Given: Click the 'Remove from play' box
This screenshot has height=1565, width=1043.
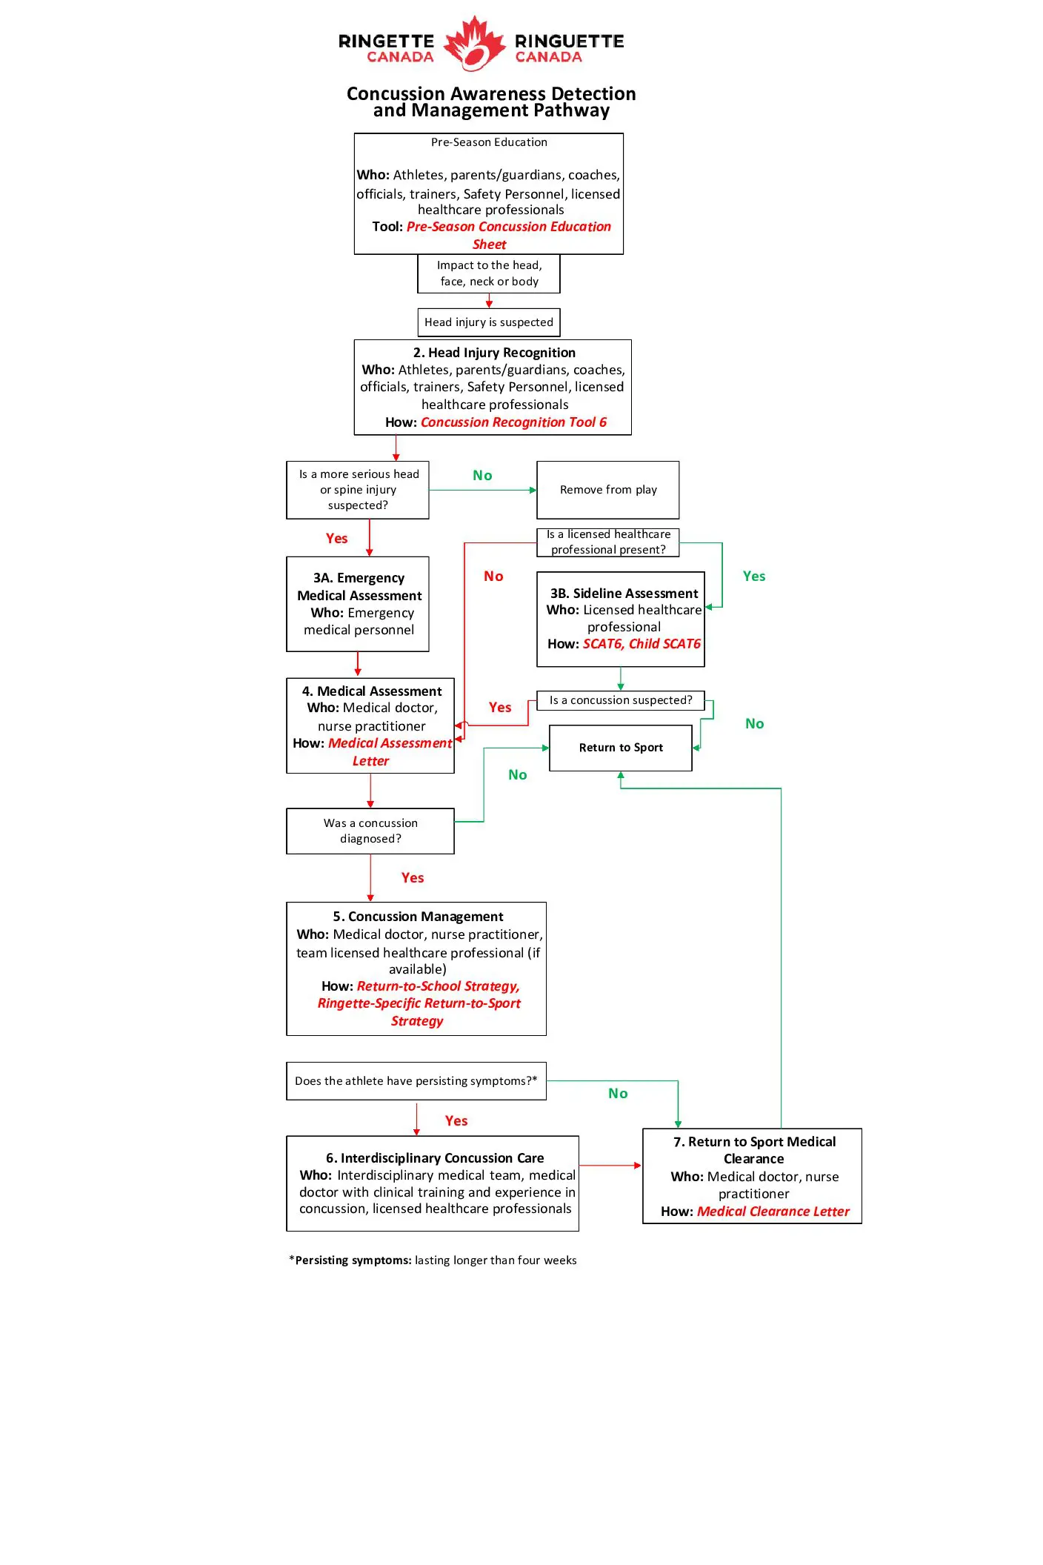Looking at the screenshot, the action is click(607, 490).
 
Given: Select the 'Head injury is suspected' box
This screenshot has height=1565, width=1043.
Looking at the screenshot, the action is click(489, 322).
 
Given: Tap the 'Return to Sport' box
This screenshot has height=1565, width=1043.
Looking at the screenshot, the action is click(621, 748).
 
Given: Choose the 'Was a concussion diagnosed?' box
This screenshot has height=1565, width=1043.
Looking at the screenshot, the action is click(370, 831).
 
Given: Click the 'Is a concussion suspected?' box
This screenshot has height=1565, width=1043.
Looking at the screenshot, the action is click(621, 700).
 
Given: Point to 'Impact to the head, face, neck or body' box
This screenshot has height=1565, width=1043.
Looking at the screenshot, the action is click(489, 273).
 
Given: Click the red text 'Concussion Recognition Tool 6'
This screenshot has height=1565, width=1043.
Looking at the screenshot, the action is click(513, 422).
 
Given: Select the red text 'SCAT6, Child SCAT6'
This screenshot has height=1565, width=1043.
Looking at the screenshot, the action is click(642, 644).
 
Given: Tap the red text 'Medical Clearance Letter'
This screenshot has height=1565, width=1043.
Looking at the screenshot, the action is click(773, 1212).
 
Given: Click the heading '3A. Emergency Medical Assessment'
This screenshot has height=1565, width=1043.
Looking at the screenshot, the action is click(359, 587).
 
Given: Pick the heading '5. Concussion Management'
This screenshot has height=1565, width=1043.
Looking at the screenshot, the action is click(418, 917).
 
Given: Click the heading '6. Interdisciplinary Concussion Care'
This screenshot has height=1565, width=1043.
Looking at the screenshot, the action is click(435, 1158).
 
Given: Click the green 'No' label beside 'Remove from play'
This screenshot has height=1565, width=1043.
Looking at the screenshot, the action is click(482, 476).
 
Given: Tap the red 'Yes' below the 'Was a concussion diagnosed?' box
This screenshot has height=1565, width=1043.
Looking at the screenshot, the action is click(413, 878).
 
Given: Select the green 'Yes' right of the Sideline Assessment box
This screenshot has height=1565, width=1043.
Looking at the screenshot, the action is click(754, 577).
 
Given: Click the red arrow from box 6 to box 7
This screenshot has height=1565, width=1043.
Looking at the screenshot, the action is click(610, 1166).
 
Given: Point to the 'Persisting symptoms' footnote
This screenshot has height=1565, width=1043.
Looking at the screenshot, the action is click(433, 1260).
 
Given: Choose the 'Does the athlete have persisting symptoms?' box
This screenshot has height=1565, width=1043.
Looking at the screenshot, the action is click(416, 1081).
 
